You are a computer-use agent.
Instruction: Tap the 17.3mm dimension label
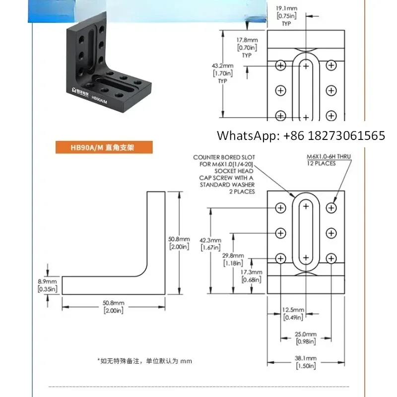(250, 273)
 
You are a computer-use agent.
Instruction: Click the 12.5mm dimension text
(290, 311)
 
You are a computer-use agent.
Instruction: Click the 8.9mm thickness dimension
(48, 281)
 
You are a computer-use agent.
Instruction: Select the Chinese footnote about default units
(144, 361)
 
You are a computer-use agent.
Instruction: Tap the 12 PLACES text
(322, 163)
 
